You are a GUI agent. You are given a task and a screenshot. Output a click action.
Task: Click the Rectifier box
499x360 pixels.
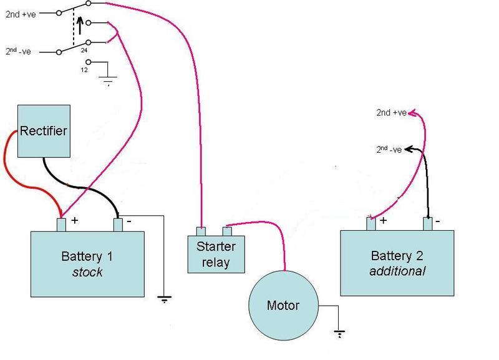tap(43, 131)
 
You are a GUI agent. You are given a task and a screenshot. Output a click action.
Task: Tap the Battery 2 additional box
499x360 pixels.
tap(397, 263)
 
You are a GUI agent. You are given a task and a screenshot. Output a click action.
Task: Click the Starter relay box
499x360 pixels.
tap(216, 254)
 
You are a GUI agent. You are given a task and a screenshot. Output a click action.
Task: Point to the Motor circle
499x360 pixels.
tap(283, 305)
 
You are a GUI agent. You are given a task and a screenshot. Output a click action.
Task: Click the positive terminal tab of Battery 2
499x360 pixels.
tap(371, 223)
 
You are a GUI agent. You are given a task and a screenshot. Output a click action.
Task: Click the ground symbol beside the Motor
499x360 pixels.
tap(339, 333)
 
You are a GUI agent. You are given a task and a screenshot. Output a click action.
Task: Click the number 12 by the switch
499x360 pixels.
tap(84, 69)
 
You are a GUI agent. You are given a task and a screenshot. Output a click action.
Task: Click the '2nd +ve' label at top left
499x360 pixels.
tap(21, 12)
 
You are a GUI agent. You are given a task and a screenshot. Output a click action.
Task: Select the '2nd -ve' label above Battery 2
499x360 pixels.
tap(390, 149)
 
